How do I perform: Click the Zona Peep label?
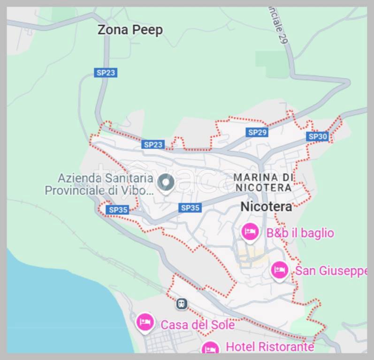tap(130, 30)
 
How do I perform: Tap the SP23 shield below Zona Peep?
tap(105, 73)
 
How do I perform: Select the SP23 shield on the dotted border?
tap(153, 144)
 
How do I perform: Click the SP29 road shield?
tap(257, 132)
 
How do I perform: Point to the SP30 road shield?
tap(318, 136)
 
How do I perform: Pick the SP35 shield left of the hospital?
tap(118, 210)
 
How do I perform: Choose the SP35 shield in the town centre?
tap(190, 207)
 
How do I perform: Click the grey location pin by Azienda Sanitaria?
tap(165, 182)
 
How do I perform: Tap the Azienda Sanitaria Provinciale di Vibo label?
tap(99, 184)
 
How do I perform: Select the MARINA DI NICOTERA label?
tap(264, 182)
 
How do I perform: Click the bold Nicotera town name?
tap(266, 206)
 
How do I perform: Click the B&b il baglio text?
tap(300, 232)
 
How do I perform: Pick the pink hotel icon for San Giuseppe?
tap(280, 270)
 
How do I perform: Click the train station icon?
tap(182, 304)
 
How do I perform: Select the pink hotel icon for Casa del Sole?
tap(145, 322)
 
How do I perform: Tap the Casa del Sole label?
tap(197, 324)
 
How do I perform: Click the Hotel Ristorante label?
tap(270, 346)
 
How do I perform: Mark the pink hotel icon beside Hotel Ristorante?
tap(211, 349)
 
